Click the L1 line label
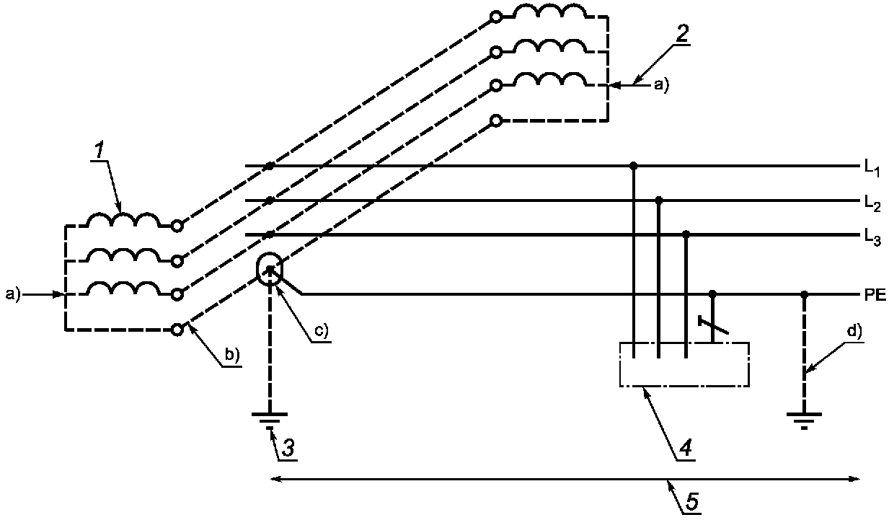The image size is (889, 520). [x=872, y=168]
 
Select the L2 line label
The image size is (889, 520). [x=872, y=203]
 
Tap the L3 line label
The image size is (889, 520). [x=872, y=238]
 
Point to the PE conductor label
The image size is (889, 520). [x=875, y=295]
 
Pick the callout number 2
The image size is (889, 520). [x=682, y=34]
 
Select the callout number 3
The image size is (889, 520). [x=288, y=449]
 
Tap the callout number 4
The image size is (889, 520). [x=686, y=449]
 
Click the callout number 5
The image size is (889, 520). [x=691, y=502]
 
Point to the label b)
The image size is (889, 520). [x=232, y=356]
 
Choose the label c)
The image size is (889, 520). [x=322, y=330]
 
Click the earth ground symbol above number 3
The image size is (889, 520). [x=270, y=420]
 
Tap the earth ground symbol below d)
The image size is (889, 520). [x=804, y=420]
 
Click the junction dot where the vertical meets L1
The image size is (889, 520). [x=634, y=166]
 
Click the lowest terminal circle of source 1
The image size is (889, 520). [x=177, y=330]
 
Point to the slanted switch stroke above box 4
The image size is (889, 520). [x=713, y=325]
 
